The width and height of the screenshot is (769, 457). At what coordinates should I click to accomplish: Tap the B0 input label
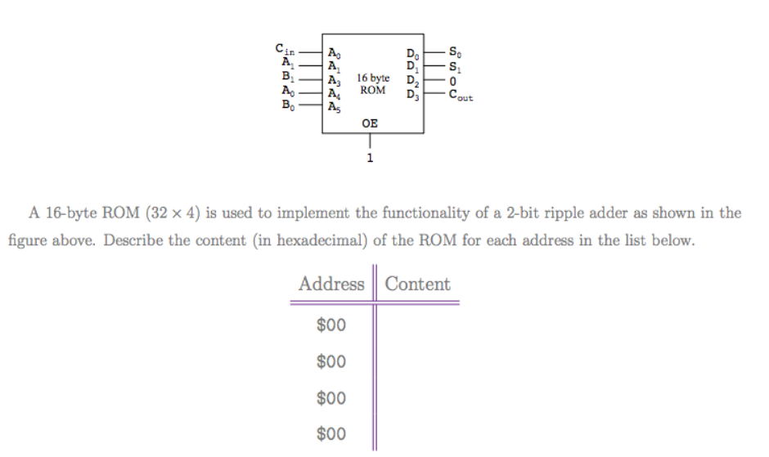tap(287, 104)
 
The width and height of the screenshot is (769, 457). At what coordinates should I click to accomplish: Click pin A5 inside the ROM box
tap(333, 105)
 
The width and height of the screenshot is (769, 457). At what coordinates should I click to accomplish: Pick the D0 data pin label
tap(412, 56)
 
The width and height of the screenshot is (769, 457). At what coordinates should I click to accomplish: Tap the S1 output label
tap(454, 67)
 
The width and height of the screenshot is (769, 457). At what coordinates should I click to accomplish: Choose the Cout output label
tap(460, 95)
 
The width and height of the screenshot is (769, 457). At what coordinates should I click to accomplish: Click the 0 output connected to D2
tap(452, 82)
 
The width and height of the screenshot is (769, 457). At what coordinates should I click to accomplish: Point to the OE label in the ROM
tap(370, 124)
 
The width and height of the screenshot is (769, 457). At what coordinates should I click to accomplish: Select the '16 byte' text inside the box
tap(373, 78)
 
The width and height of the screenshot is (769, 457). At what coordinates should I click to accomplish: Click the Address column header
tap(331, 284)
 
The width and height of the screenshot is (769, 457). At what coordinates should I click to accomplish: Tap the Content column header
tap(417, 284)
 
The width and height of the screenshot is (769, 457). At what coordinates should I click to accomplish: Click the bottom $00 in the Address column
tap(331, 434)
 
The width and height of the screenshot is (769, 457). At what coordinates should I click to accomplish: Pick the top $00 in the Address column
tap(331, 325)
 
